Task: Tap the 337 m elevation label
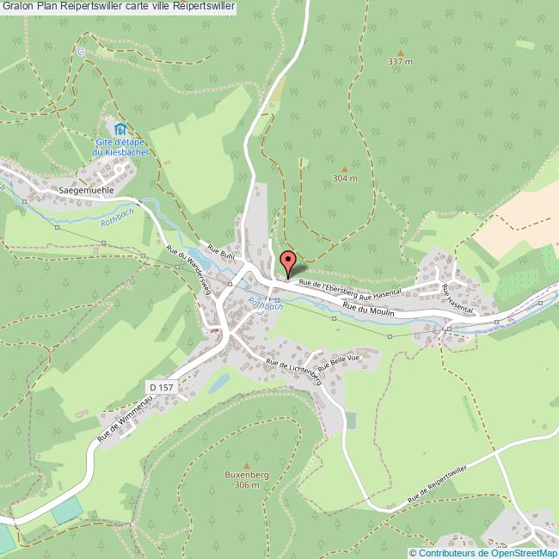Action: point(400,62)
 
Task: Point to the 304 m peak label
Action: point(344,179)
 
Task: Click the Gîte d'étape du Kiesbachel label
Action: point(121,147)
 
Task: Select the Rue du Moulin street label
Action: point(368,312)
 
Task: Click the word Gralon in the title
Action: point(19,7)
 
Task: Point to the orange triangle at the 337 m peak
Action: point(400,50)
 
